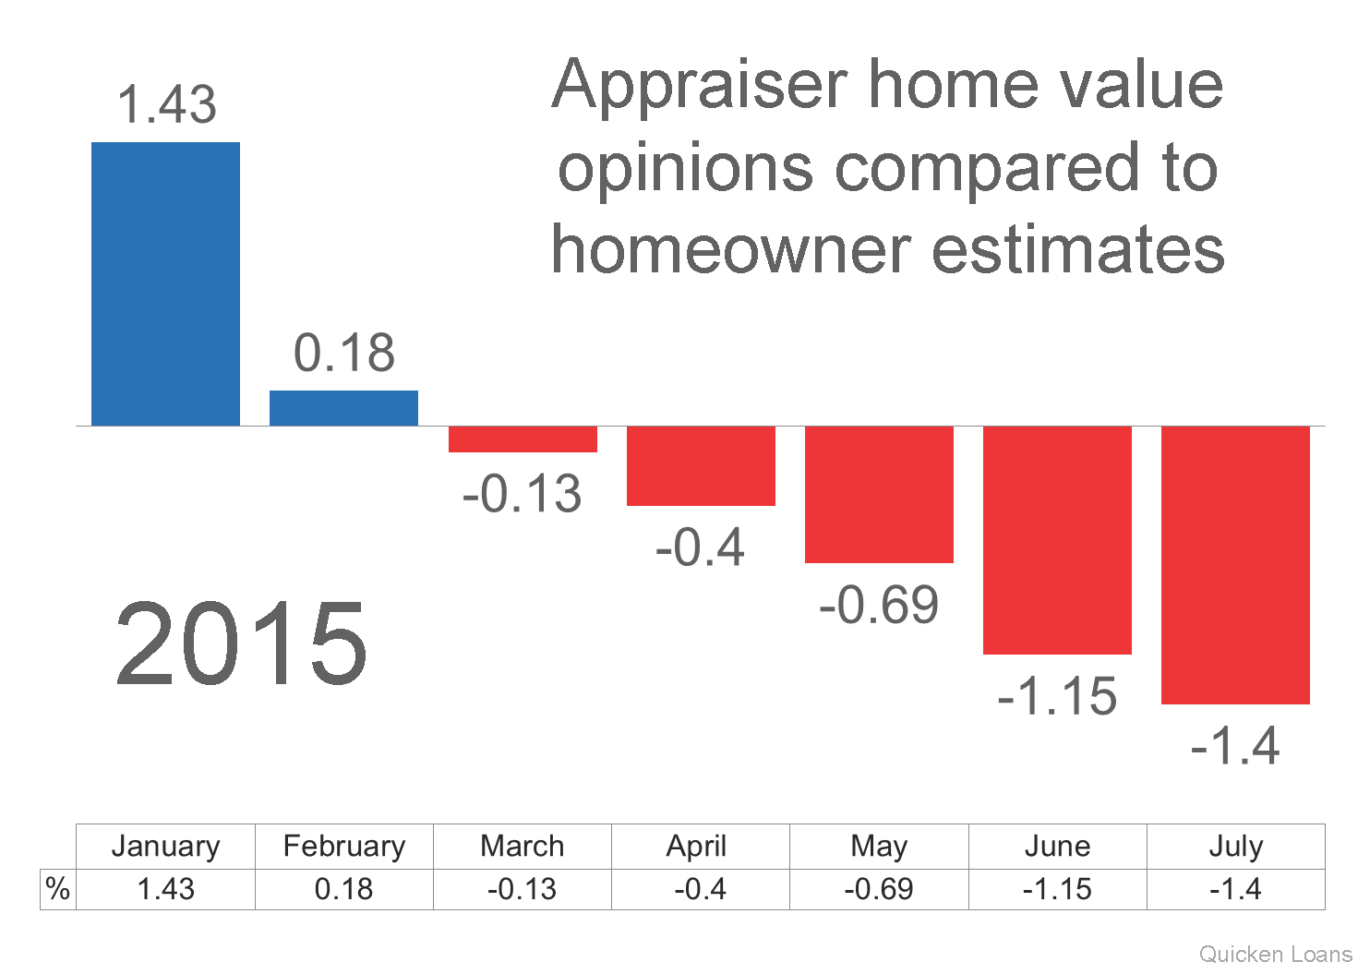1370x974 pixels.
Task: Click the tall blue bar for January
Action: click(x=166, y=283)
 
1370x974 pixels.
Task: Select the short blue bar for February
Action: click(x=343, y=408)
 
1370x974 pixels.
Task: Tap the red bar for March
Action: click(x=523, y=439)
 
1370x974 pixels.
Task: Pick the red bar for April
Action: click(x=701, y=466)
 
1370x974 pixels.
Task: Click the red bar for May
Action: click(x=880, y=494)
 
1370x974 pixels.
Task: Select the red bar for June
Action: click(x=1057, y=540)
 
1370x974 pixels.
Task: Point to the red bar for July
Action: click(x=1235, y=565)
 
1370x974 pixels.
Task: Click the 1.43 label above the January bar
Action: click(x=166, y=104)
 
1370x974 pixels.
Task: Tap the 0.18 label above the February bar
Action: click(x=344, y=353)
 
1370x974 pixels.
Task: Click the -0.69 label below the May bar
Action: click(x=879, y=605)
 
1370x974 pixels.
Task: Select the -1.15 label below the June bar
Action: click(x=1057, y=697)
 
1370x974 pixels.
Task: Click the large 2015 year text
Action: click(x=242, y=643)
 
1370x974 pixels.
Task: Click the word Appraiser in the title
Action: click(x=701, y=88)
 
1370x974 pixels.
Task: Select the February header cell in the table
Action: click(x=344, y=847)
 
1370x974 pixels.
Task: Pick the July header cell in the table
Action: click(x=1236, y=847)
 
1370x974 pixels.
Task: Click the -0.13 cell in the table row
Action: click(x=523, y=890)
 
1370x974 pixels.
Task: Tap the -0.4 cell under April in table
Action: click(x=701, y=890)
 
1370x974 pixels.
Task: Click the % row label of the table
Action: click(x=57, y=889)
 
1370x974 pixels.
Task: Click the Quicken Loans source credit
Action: click(x=1276, y=955)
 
